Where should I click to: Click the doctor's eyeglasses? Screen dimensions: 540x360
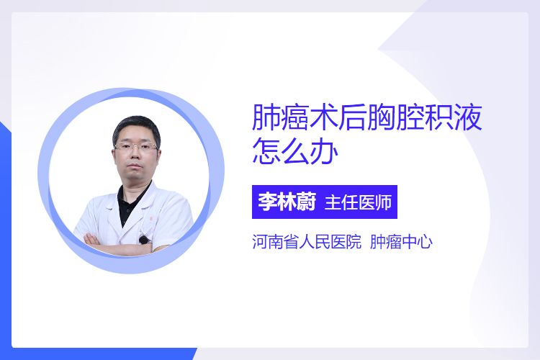tap(136, 147)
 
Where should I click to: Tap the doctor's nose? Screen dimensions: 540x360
tap(135, 153)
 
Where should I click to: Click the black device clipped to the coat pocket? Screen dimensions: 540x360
tap(143, 239)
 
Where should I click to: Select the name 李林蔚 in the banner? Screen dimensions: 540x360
tap(287, 202)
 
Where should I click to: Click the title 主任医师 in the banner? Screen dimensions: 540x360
tap(358, 202)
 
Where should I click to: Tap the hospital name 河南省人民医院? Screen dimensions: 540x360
tap(307, 241)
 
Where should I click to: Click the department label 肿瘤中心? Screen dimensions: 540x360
tap(401, 241)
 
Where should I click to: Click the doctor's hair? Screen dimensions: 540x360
tap(135, 127)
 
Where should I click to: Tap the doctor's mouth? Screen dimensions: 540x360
tap(135, 166)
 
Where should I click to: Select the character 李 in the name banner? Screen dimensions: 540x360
tap(267, 202)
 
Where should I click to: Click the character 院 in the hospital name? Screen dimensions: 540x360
tap(353, 241)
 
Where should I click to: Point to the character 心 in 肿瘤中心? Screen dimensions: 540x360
tap(425, 241)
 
